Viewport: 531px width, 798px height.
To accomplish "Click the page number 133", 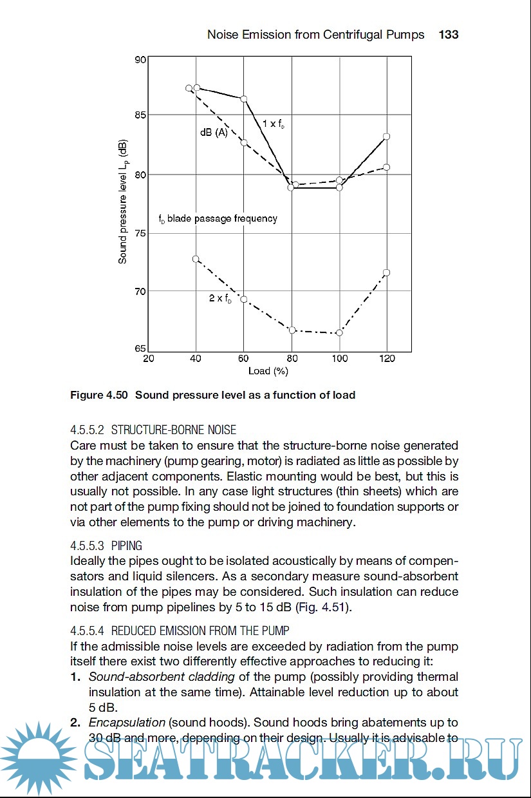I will [448, 35].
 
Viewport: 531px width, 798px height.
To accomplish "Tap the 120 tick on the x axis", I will [387, 359].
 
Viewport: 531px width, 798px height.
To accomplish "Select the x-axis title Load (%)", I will [268, 371].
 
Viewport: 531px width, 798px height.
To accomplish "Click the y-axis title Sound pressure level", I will [122, 201].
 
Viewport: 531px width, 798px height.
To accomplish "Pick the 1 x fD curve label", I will [273, 123].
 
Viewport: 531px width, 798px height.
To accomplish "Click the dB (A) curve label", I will [214, 132].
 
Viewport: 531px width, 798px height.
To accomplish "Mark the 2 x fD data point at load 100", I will [339, 332].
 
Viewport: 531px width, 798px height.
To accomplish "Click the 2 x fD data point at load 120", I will [387, 273].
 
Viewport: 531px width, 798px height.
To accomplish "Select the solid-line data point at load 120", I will [387, 137].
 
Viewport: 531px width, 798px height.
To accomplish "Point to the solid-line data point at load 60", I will [244, 99].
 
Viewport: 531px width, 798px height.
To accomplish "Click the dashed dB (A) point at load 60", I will [244, 142].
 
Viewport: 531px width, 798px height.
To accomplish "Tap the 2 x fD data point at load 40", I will [196, 259].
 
